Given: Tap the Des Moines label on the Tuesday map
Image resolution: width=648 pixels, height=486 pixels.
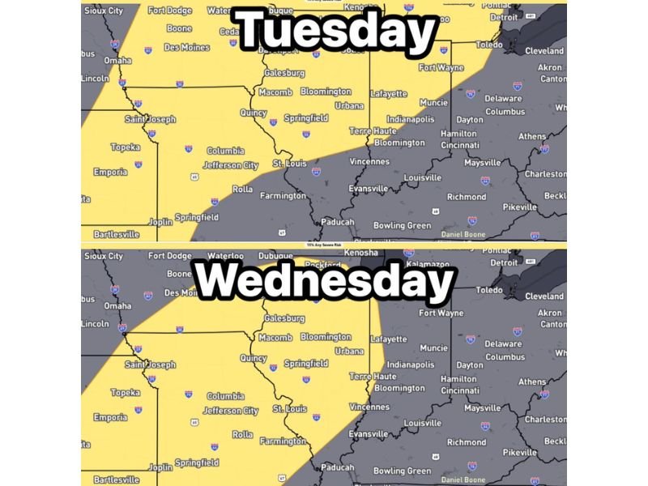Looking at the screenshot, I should click(x=187, y=48).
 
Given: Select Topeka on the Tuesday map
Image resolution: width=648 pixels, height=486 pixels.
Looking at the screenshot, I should click(x=125, y=147).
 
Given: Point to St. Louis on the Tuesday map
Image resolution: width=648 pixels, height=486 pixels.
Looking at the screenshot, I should click(x=290, y=164).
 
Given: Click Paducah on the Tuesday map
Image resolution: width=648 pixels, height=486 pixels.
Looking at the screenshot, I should click(x=337, y=222).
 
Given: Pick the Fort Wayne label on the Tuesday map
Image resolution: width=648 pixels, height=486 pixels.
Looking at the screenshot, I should click(x=441, y=67).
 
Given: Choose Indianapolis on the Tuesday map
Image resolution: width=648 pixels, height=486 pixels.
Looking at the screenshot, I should click(x=411, y=119).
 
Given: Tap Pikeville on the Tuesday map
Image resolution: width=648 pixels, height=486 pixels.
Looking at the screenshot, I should click(x=519, y=207).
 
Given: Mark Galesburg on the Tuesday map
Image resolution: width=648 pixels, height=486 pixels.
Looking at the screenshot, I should click(x=284, y=73).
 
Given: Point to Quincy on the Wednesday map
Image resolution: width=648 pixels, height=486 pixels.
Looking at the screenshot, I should click(x=254, y=359).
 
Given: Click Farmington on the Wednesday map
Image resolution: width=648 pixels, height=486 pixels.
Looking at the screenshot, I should click(x=283, y=441).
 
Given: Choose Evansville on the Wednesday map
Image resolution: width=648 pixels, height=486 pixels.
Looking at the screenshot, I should click(x=369, y=435).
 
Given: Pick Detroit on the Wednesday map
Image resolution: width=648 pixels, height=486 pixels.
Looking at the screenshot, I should click(x=505, y=262).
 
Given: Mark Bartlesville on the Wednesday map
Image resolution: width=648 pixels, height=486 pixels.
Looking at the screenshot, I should click(x=116, y=480).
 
